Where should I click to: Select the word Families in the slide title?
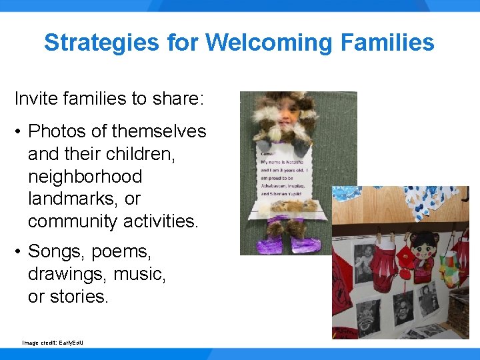pyautogui.click(x=387, y=43)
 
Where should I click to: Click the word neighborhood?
pyautogui.click(x=85, y=177)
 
